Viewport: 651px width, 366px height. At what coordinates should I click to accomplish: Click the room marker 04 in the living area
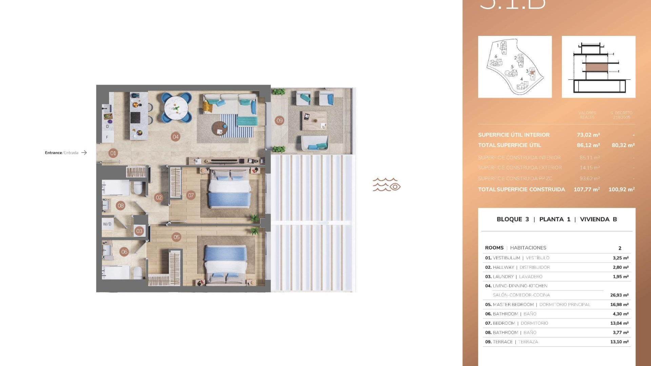point(175,137)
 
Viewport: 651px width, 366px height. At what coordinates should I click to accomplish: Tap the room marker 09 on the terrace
point(279,120)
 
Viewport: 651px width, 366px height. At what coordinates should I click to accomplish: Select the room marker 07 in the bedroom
point(191,195)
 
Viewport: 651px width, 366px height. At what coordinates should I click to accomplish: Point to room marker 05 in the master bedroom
point(176,237)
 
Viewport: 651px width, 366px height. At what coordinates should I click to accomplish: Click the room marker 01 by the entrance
point(113,153)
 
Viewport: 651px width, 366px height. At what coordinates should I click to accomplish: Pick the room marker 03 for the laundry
point(139,231)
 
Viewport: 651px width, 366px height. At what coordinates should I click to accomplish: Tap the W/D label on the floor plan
point(107,224)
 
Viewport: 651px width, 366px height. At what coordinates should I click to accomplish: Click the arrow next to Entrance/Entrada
point(84,153)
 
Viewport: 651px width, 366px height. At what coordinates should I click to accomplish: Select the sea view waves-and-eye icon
point(387,185)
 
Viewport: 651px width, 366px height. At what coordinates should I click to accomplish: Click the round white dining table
point(176,108)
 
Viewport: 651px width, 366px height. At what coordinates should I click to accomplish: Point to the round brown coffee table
point(219,129)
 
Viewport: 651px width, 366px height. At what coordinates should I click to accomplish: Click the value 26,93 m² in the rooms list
point(619,295)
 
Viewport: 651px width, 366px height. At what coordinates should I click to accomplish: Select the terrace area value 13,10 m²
point(619,342)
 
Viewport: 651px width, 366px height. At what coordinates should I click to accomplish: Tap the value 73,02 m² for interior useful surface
point(588,135)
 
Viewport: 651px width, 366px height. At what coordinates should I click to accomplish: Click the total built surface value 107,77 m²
point(587,189)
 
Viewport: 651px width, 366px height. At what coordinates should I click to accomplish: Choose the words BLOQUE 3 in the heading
point(513,219)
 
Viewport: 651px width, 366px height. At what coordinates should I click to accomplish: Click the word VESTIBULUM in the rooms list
point(506,258)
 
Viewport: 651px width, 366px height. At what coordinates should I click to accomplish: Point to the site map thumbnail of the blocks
point(515,67)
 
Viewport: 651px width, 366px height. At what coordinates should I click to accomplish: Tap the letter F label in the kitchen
point(107,137)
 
